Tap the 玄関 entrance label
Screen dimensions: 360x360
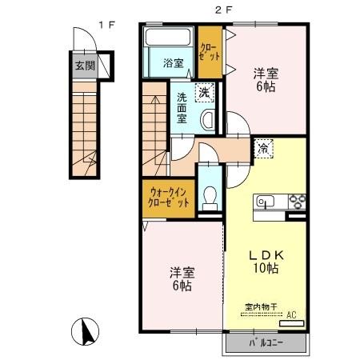click(85, 66)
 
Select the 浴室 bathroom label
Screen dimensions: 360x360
click(174, 64)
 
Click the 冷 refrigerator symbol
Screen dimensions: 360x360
click(263, 147)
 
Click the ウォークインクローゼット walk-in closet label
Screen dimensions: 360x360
click(168, 196)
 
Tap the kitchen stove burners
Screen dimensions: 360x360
click(296, 201)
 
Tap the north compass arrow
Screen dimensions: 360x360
click(89, 330)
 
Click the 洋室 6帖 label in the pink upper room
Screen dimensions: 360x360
click(266, 81)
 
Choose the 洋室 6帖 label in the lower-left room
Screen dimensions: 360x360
click(179, 278)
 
